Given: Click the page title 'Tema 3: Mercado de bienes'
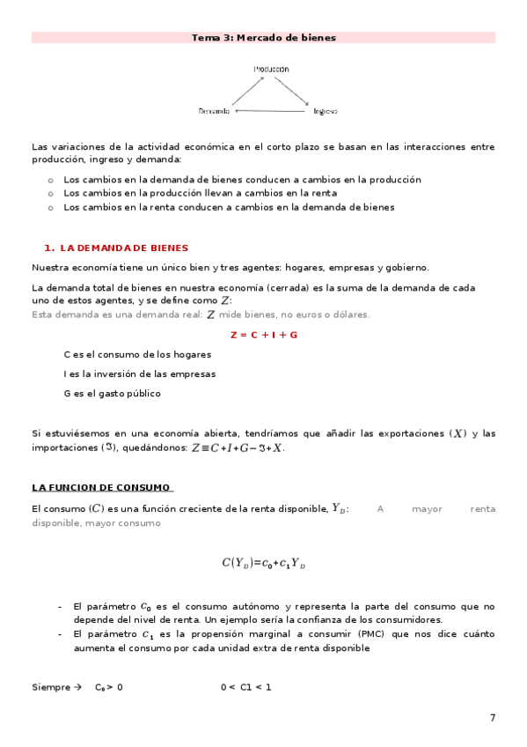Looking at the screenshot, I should (x=264, y=38).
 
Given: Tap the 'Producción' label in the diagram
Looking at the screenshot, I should (x=272, y=69).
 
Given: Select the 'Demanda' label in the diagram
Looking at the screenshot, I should (x=215, y=112).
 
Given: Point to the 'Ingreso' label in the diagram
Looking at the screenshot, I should (x=325, y=112).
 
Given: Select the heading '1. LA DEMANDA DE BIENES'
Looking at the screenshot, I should (x=116, y=248).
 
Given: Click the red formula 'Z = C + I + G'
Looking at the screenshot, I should (x=264, y=336).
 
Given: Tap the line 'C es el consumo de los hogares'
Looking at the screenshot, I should (x=137, y=354).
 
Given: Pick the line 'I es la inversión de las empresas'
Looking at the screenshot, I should (x=139, y=373).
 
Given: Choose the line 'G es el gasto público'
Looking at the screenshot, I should (x=112, y=394).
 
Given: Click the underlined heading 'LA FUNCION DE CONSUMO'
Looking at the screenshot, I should (x=101, y=487).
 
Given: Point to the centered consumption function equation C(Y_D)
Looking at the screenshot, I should (x=264, y=563).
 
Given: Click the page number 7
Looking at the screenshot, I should (x=493, y=718).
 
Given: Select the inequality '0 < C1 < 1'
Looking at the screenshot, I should (x=246, y=686).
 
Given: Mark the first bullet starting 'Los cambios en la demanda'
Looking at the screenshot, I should (x=231, y=179).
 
